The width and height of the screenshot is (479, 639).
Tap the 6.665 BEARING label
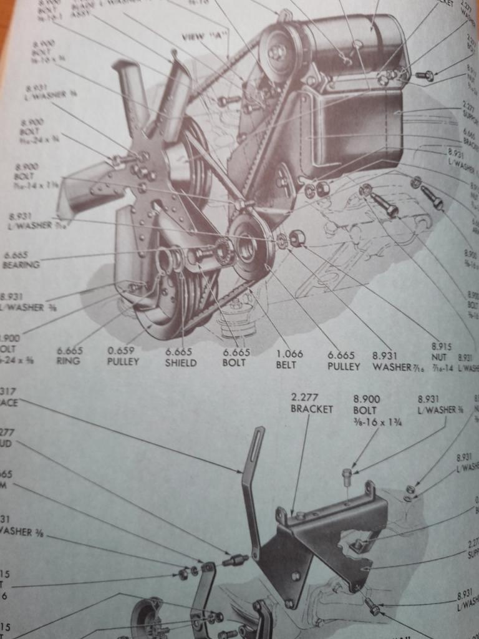click(21, 259)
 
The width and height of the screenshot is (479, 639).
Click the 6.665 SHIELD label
click(181, 357)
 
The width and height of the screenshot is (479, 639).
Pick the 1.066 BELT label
click(289, 358)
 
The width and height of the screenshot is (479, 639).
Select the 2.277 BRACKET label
click(312, 403)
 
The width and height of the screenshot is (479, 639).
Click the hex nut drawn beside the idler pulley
click(298, 238)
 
